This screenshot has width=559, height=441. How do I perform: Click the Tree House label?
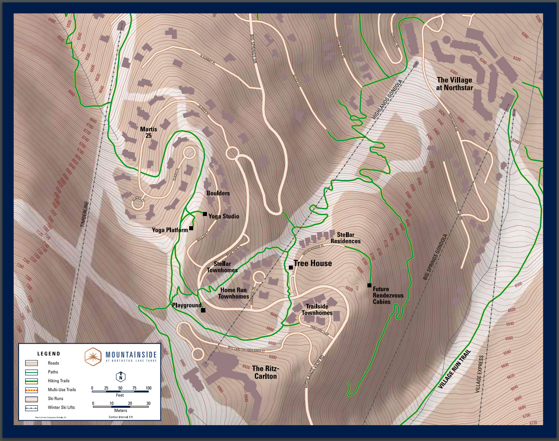(x=313, y=263)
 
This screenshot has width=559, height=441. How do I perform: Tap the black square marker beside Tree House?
(x=291, y=268)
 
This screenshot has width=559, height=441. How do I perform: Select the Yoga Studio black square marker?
(x=205, y=214)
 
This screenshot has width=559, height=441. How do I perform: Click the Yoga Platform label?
(x=170, y=230)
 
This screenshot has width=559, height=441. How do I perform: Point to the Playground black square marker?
(x=203, y=310)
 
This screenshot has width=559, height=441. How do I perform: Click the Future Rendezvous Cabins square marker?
(x=369, y=285)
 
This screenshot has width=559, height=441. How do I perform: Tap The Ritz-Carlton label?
(x=265, y=372)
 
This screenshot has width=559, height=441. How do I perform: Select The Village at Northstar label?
(x=454, y=84)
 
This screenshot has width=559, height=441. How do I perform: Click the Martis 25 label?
(x=148, y=132)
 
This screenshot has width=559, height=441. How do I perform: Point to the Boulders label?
(x=218, y=193)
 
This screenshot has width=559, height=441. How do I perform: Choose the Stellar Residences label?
(x=345, y=238)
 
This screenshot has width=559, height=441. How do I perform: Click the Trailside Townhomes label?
(x=317, y=309)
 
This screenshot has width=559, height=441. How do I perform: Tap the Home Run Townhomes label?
(x=233, y=293)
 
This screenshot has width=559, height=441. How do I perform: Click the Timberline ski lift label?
(x=84, y=214)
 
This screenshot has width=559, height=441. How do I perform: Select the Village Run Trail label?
(x=454, y=369)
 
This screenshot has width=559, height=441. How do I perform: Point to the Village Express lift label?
(x=479, y=374)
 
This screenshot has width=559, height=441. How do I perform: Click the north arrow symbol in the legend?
(x=120, y=377)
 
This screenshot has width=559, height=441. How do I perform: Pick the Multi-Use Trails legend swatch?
(x=32, y=390)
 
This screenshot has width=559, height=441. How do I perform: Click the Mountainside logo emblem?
(x=93, y=357)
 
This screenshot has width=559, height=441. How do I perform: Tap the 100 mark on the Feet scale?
(x=148, y=388)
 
